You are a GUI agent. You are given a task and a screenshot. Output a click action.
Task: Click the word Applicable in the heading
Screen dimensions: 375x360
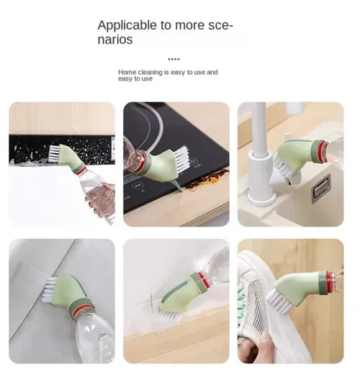click(128, 25)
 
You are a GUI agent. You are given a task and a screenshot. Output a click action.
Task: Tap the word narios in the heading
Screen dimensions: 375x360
click(115, 40)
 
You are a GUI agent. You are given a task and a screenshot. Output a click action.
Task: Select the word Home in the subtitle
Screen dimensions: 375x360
click(127, 73)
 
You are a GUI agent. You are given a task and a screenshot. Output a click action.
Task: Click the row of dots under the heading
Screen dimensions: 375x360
click(174, 58)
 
